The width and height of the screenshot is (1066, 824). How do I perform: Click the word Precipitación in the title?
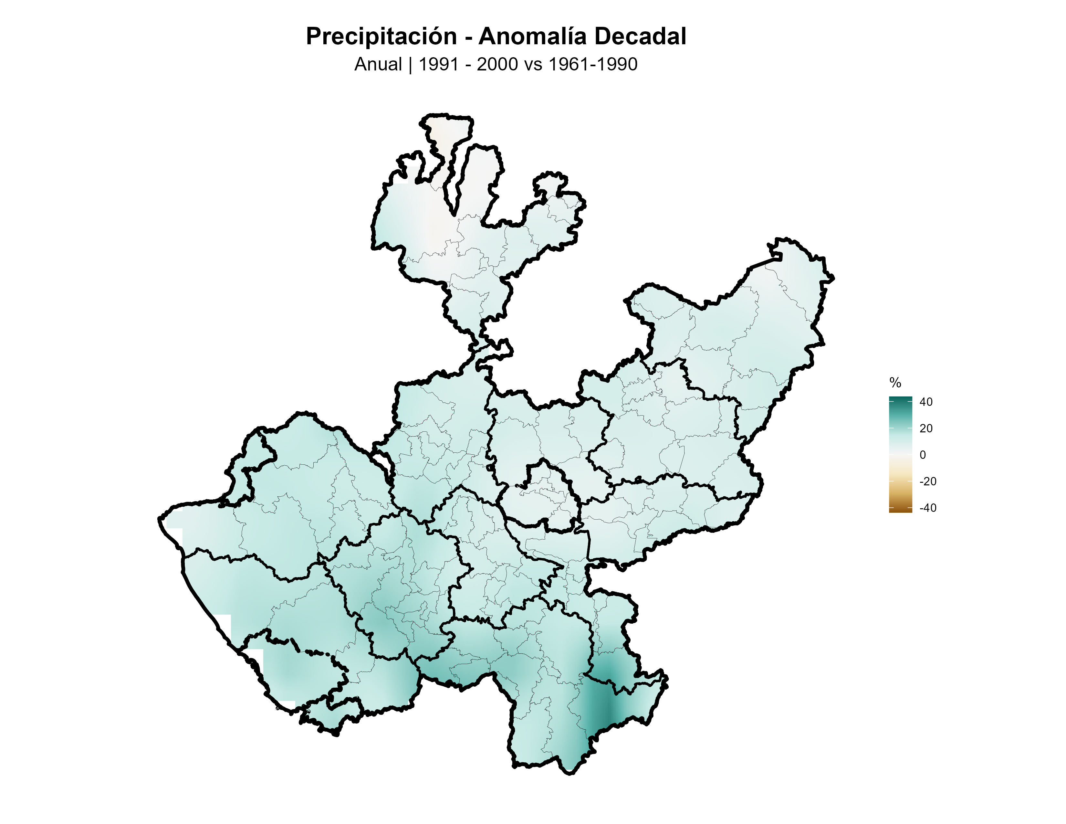pyautogui.click(x=381, y=37)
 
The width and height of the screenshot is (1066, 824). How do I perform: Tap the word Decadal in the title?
pyautogui.click(x=640, y=37)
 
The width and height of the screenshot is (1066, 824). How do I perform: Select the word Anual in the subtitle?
pyautogui.click(x=378, y=64)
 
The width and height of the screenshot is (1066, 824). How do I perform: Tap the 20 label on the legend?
pyautogui.click(x=926, y=428)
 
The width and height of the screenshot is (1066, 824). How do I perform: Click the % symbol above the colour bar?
pyautogui.click(x=895, y=382)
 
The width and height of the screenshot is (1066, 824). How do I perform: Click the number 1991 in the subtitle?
pyautogui.click(x=438, y=64)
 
